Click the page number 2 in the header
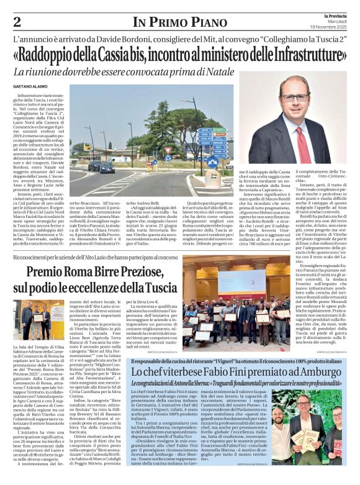17,22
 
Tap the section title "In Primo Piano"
180,22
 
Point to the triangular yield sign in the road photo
167,150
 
